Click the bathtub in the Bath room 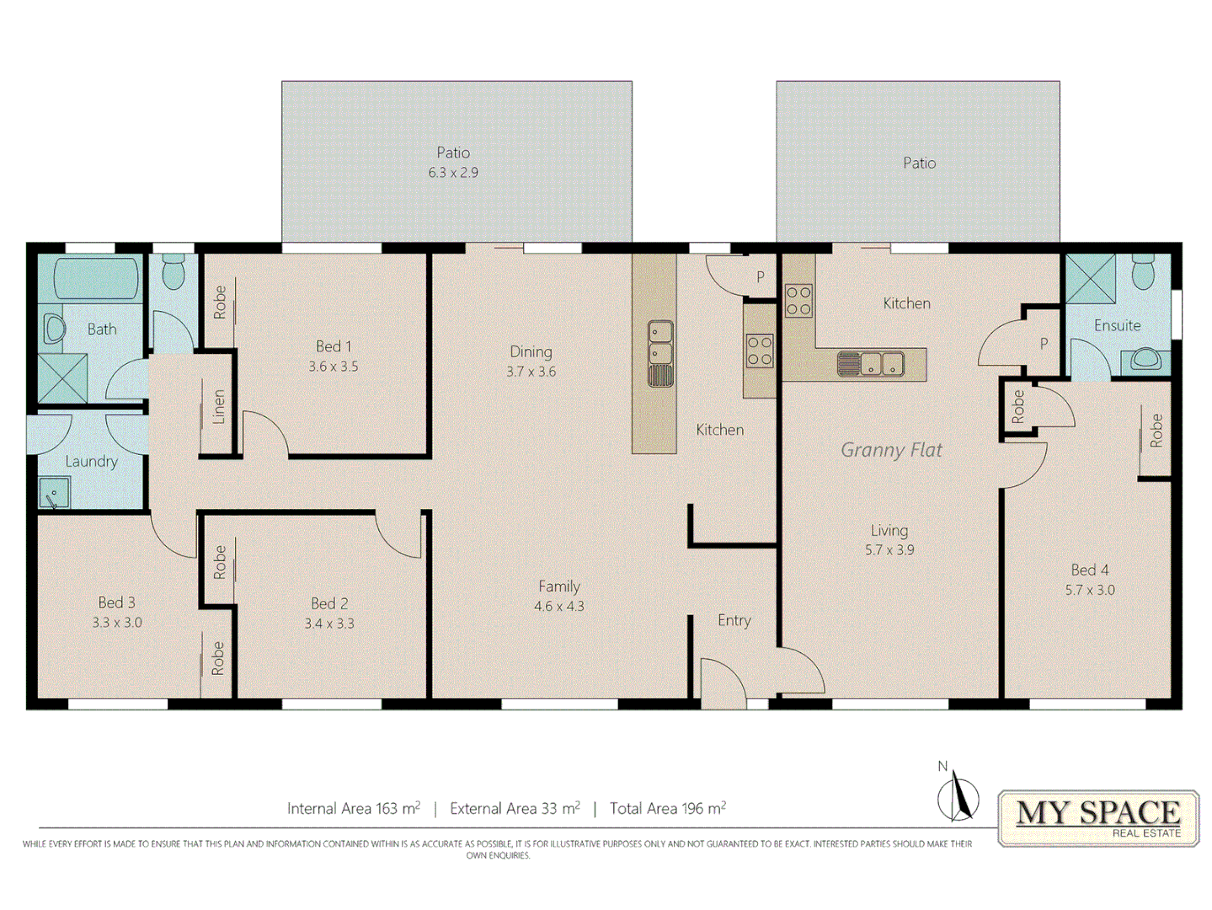96,279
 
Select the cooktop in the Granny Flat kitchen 798,301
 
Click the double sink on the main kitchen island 660,352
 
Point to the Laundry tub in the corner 55,494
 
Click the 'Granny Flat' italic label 891,450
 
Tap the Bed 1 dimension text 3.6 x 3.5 333,367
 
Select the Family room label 559,586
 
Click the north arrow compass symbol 958,795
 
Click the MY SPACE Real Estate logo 1098,817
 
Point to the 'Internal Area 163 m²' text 353,809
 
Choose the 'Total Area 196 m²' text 667,809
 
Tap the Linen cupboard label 219,407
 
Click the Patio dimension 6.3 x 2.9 453,173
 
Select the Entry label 734,621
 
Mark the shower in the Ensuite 1090,278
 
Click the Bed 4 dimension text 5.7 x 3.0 1090,591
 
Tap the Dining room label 531,351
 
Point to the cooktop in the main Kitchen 760,351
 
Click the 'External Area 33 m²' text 515,809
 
